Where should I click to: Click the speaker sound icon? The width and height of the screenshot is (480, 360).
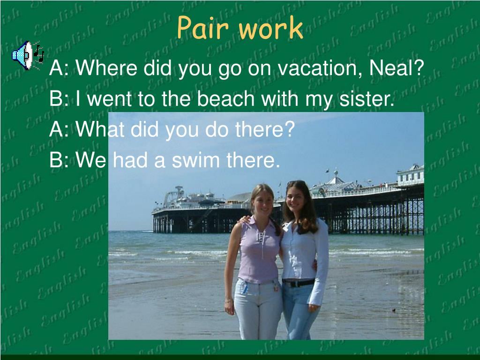point(28,55)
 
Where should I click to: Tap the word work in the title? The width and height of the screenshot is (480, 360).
point(270,28)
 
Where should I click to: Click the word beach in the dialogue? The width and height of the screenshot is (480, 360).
point(225,98)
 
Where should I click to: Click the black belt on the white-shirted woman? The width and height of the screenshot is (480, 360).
point(298,283)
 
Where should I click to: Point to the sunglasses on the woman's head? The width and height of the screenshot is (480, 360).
point(296,183)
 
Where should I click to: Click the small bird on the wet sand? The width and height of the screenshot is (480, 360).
point(394,310)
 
